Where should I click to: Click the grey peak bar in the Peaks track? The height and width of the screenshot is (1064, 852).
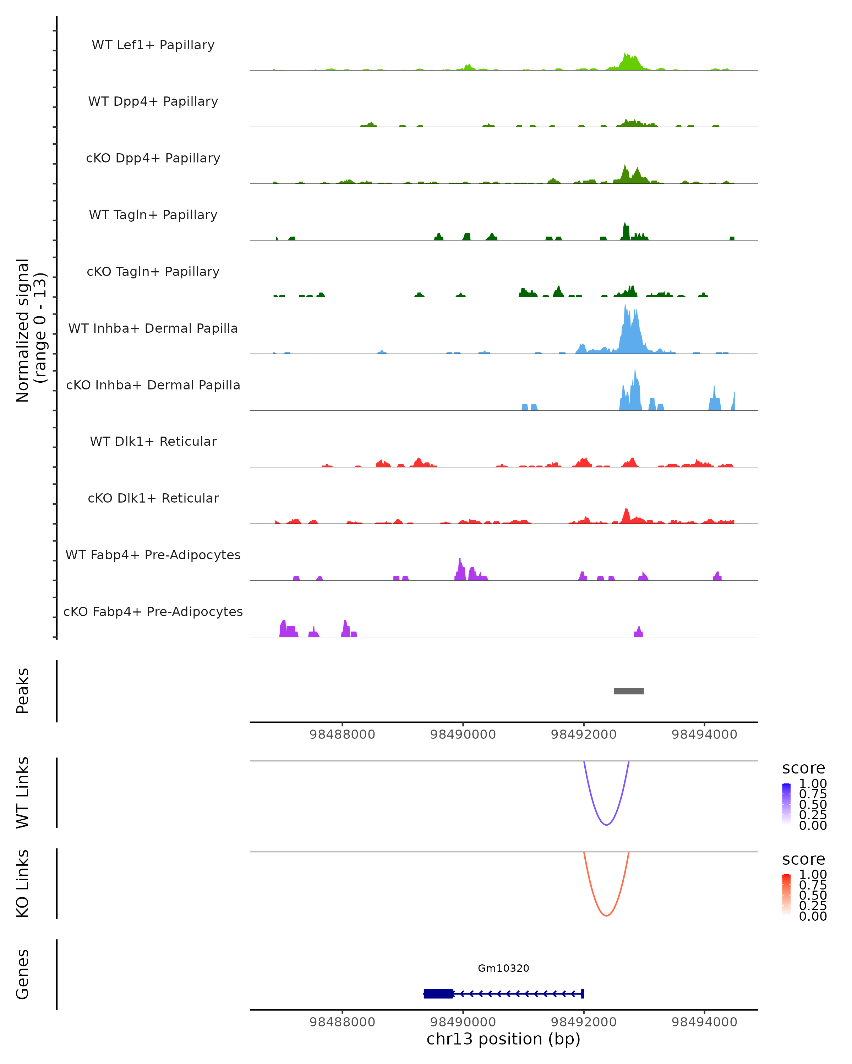[628, 691]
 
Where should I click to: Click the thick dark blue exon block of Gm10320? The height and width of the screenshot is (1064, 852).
[438, 993]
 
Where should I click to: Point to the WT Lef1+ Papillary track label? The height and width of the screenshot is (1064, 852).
[153, 45]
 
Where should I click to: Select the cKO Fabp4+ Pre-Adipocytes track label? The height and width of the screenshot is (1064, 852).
[153, 611]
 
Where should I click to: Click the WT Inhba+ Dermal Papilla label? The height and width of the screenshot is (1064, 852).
[153, 328]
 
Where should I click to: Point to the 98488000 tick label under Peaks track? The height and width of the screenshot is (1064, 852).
[342, 735]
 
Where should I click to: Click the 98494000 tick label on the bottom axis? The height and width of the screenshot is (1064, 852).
[704, 1021]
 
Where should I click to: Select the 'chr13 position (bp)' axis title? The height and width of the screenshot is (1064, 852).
[503, 1039]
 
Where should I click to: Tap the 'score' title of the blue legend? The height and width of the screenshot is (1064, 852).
[804, 768]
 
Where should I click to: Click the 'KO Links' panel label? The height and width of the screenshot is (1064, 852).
[23, 884]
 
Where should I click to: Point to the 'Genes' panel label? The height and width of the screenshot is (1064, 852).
[23, 974]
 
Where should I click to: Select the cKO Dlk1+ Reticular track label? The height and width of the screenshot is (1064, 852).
[153, 498]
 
